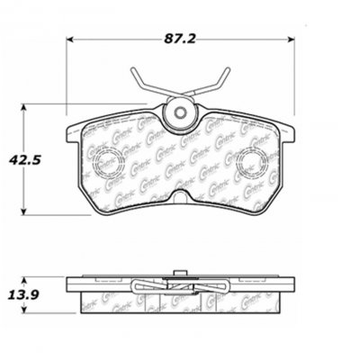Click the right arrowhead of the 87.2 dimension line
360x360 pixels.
pyautogui.click(x=294, y=40)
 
